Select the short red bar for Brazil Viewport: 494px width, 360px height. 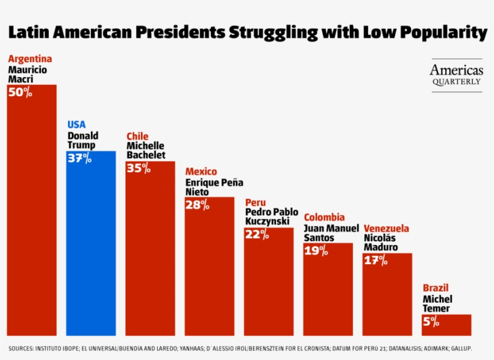click(x=446, y=325)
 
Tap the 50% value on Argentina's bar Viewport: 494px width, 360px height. click(x=20, y=93)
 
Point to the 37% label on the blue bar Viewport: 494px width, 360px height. click(x=80, y=158)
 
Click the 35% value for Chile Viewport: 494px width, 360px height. click(x=139, y=168)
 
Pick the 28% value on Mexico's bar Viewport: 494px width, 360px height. click(x=198, y=205)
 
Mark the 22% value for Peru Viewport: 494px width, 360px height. click(x=257, y=234)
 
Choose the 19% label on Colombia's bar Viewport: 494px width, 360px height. click(x=316, y=250)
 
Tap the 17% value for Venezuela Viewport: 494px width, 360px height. click(x=375, y=261)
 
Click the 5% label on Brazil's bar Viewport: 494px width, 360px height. click(x=431, y=321)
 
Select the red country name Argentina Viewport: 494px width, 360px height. click(x=30, y=59)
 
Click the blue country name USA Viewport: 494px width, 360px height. click(x=77, y=125)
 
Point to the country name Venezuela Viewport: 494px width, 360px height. click(x=386, y=229)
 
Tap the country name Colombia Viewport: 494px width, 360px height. click(x=324, y=217)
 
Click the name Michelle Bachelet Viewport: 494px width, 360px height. click(x=145, y=151)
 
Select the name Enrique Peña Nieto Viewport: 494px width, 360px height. click(x=214, y=187)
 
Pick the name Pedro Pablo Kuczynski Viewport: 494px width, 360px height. click(x=272, y=217)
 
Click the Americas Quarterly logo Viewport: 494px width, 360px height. click(x=456, y=75)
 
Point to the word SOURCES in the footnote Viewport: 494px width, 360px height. click(x=22, y=349)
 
